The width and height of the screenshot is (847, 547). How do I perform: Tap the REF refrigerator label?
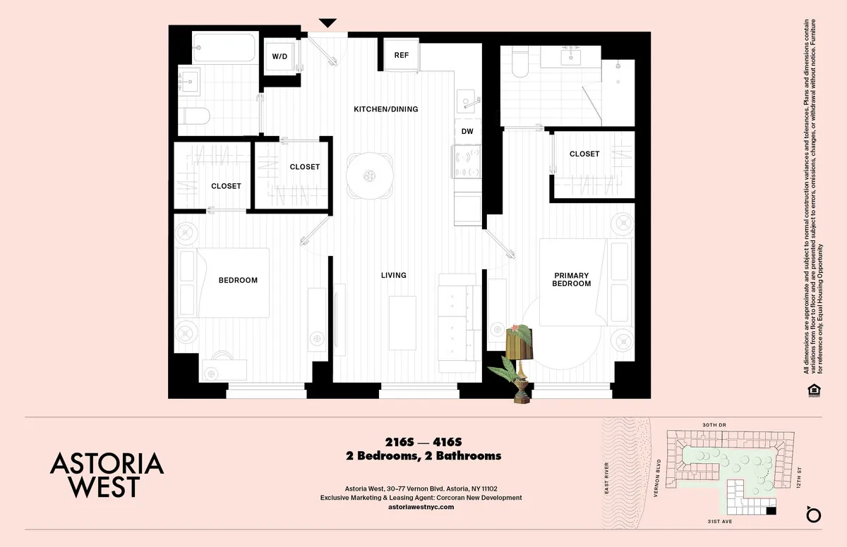click(401, 55)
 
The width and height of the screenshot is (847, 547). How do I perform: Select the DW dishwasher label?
click(467, 132)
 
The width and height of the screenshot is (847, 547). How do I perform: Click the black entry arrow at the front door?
click(329, 23)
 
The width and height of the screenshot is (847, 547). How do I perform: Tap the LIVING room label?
click(393, 275)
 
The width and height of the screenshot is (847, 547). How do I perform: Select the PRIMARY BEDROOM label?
click(572, 279)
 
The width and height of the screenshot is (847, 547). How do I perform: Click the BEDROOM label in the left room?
click(238, 280)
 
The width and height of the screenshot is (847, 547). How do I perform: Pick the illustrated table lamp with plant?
click(519, 359)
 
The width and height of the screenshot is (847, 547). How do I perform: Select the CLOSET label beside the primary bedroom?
click(584, 154)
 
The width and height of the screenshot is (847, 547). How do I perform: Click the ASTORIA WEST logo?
click(107, 474)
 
